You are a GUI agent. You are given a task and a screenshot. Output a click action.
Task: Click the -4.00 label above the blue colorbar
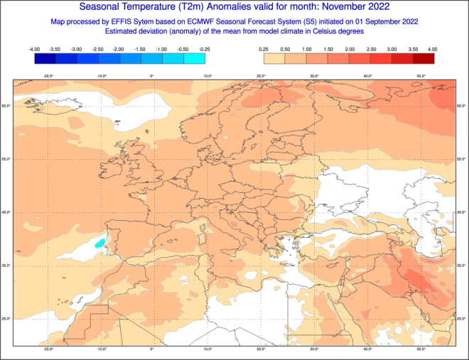[34, 48]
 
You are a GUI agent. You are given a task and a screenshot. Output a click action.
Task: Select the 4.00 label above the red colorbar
[433, 48]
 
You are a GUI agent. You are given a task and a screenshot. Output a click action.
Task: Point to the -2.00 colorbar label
[119, 48]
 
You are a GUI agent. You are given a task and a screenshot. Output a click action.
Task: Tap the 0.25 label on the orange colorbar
[262, 48]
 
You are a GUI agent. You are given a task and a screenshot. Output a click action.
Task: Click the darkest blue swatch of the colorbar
[45, 59]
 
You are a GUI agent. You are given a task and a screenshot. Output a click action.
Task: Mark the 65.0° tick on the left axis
[6, 106]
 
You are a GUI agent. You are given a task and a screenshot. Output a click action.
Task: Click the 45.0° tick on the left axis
[6, 212]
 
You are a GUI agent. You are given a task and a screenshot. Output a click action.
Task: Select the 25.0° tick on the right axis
[460, 318]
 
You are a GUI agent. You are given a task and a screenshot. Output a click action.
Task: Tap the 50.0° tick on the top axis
[421, 75]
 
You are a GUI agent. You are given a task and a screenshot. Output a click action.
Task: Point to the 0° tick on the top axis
[151, 75]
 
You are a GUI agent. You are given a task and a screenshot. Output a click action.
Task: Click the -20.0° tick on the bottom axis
[48, 349]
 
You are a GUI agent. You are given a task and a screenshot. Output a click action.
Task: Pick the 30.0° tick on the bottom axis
[313, 349]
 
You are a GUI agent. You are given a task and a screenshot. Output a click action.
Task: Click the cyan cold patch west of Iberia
[99, 243]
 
